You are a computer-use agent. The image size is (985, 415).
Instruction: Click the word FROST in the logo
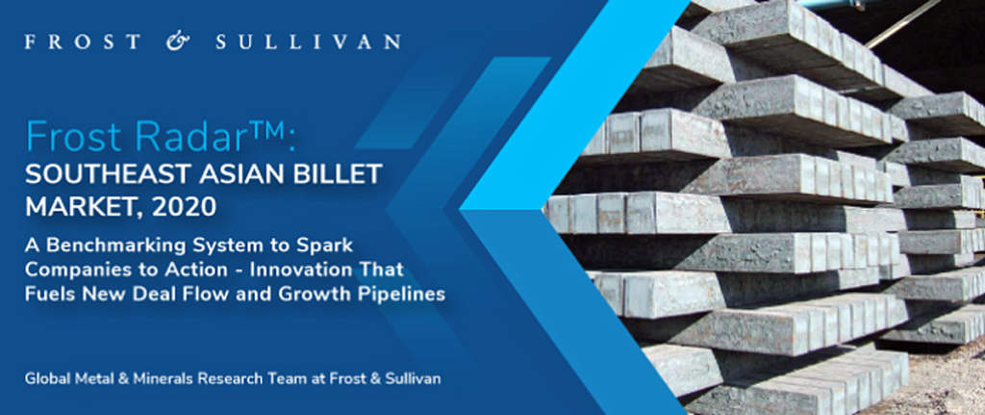click(x=83, y=42)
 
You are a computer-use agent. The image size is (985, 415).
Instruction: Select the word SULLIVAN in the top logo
click(x=308, y=42)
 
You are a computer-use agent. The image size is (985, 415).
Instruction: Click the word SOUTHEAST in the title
click(x=92, y=174)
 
